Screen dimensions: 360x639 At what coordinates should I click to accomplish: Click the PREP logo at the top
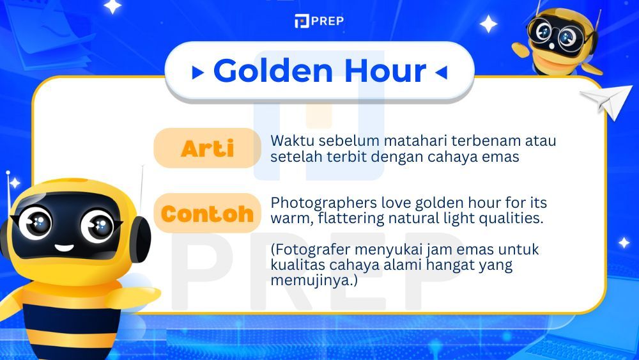coord(319,21)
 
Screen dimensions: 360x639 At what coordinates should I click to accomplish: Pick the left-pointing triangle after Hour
coord(440,73)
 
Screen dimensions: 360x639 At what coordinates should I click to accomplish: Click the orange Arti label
coord(207,148)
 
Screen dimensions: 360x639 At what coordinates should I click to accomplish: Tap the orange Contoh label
coord(207,214)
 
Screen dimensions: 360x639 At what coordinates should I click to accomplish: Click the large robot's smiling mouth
coord(64,247)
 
